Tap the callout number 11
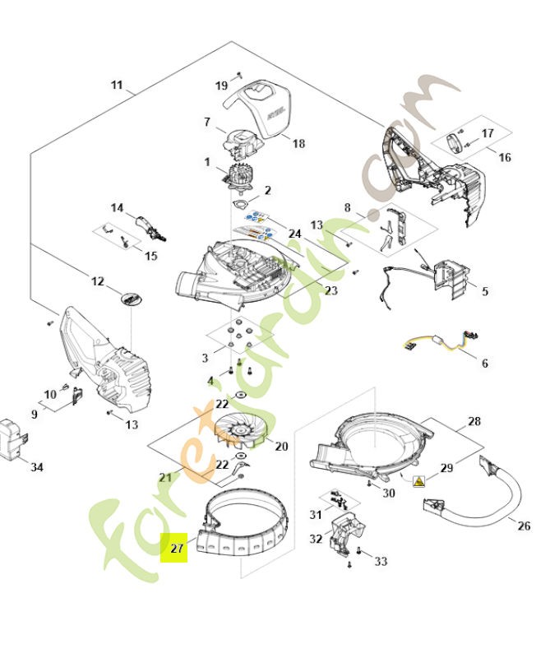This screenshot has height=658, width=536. click(117, 85)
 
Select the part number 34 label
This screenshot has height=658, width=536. click(37, 467)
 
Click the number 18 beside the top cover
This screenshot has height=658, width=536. click(298, 143)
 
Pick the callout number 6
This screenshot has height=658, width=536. click(484, 363)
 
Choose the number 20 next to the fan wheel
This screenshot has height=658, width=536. click(281, 447)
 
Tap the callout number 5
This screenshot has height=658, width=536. click(484, 291)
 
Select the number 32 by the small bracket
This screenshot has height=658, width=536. click(317, 540)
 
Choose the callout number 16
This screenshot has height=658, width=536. click(505, 157)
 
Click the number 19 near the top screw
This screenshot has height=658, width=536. click(221, 86)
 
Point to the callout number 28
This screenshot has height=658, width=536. click(474, 422)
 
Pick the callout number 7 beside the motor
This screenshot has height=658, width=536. click(208, 123)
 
